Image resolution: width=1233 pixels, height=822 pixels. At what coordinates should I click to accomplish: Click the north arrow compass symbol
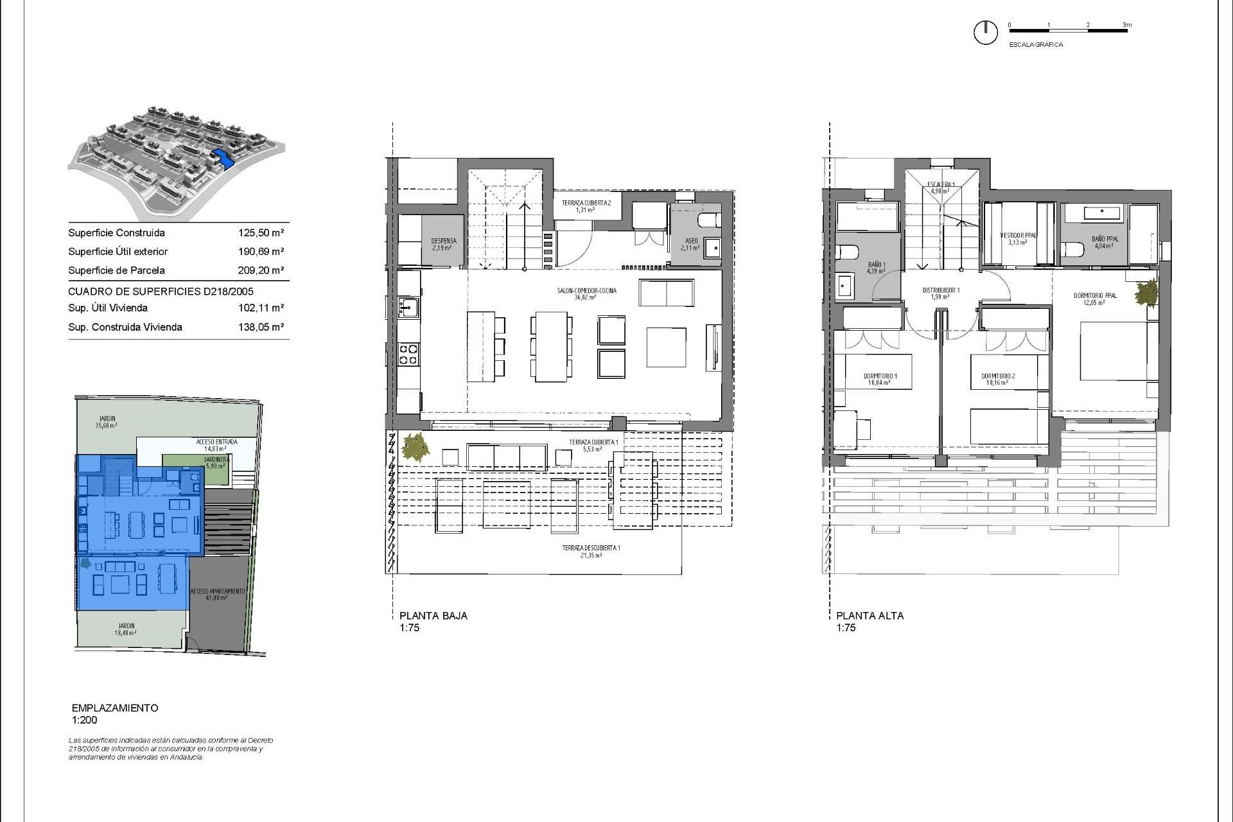(x=985, y=32)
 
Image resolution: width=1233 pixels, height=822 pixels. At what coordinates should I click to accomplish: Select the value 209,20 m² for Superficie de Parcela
(x=261, y=270)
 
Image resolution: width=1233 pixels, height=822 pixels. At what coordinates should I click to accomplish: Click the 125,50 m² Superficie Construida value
(x=261, y=233)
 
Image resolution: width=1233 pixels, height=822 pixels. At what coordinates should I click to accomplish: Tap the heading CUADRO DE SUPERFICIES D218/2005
(x=161, y=292)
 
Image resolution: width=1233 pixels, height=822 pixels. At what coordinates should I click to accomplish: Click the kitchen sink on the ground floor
(x=408, y=307)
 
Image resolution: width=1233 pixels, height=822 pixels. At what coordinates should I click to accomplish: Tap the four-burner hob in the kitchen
(x=408, y=354)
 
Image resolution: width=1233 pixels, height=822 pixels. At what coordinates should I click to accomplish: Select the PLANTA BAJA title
(x=433, y=615)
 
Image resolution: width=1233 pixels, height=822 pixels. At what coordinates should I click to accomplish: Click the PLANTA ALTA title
(x=870, y=615)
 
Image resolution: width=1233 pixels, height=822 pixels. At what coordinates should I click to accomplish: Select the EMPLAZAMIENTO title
(x=115, y=708)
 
